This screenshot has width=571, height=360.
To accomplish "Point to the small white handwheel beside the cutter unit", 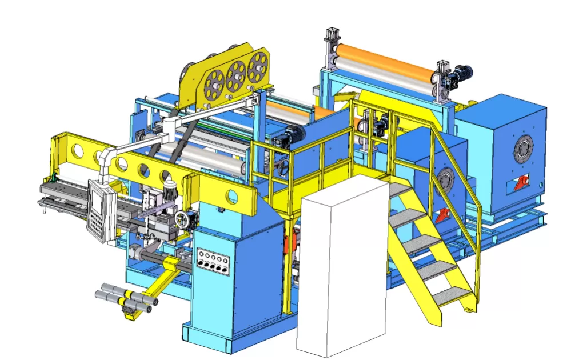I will point(182,219).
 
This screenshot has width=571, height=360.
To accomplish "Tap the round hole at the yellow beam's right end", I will point(231,197).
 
